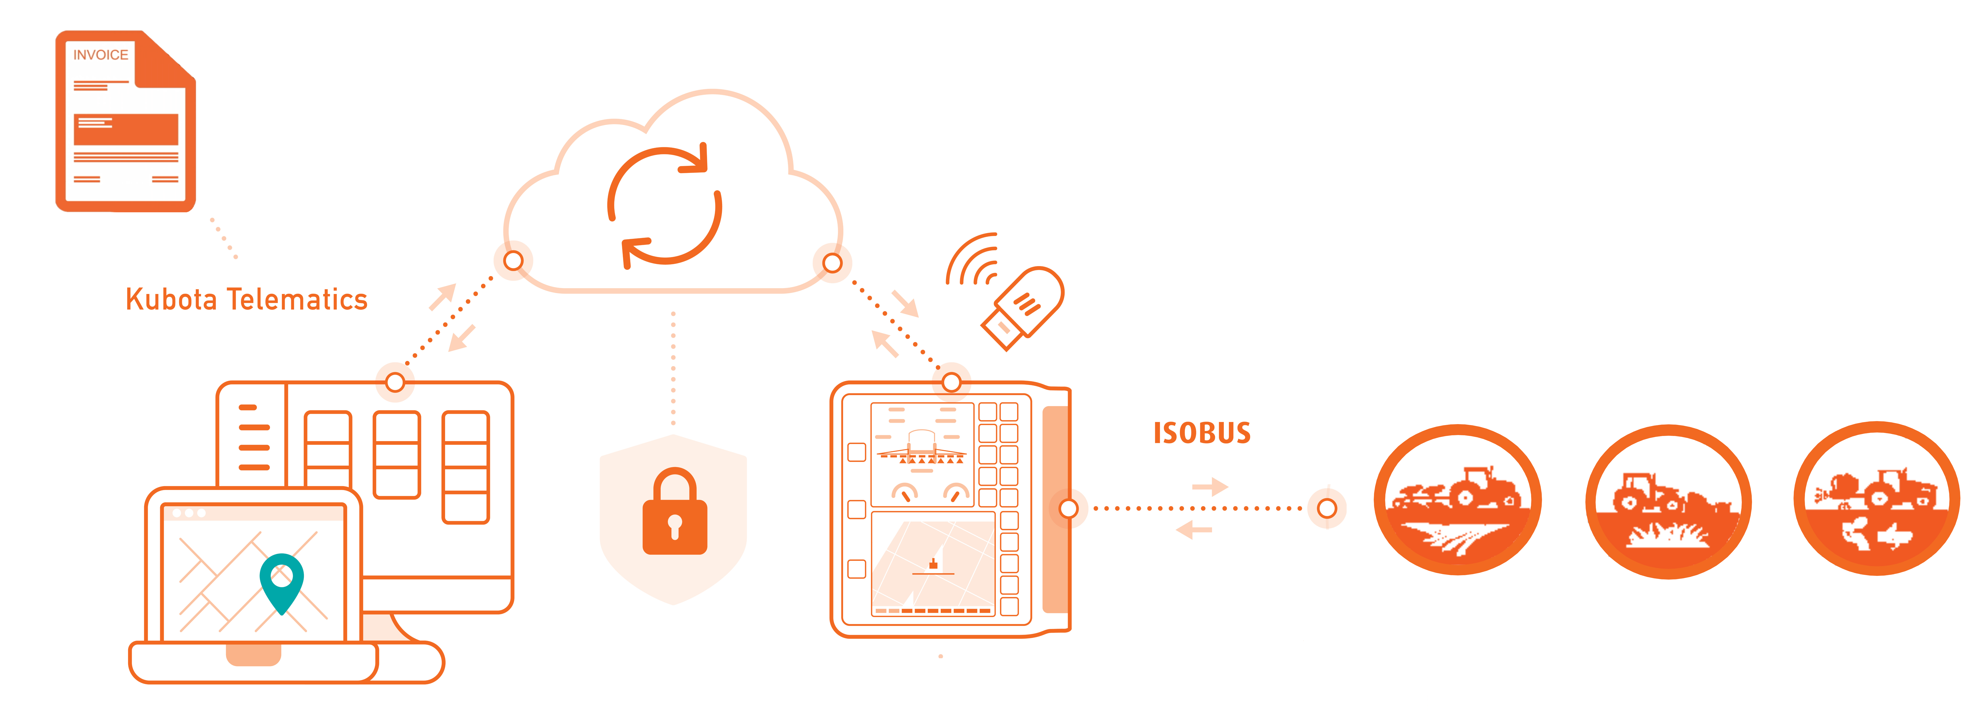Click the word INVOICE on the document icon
(100, 55)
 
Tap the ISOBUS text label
(1202, 433)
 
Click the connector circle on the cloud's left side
(513, 261)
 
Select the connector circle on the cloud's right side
(832, 263)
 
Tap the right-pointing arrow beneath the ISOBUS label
(1209, 487)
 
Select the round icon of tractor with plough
(1457, 500)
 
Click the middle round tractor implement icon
(1668, 502)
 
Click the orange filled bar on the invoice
(126, 129)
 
